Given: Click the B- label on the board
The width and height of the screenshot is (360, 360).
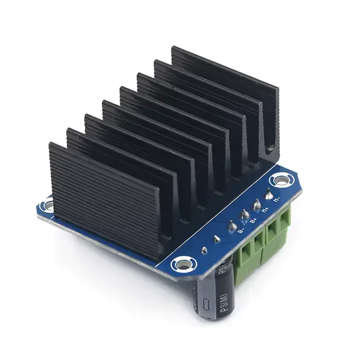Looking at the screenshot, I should pyautogui.click(x=241, y=230).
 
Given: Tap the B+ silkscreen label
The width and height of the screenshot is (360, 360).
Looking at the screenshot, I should pyautogui.click(x=253, y=218).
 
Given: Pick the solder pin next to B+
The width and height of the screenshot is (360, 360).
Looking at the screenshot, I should pyautogui.click(x=244, y=215).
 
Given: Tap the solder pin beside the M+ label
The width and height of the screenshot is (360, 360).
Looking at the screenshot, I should pyautogui.click(x=256, y=203).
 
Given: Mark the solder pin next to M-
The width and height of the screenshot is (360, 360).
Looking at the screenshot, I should pyautogui.click(x=268, y=193).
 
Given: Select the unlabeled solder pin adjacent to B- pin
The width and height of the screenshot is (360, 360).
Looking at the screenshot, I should pyautogui.click(x=216, y=239).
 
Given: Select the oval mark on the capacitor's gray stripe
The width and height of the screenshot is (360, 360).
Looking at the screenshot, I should pyautogui.click(x=205, y=303).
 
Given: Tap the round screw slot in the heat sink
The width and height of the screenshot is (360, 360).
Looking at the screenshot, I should pyautogui.click(x=271, y=147).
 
